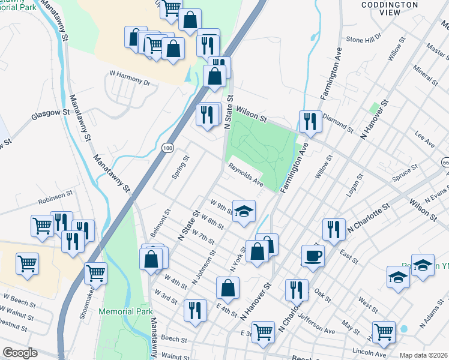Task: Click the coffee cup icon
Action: (x=313, y=256)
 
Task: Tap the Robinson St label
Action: (x=55, y=194)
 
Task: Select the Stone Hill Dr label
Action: (x=364, y=40)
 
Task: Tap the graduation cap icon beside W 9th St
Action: (x=244, y=211)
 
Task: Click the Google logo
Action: (x=19, y=353)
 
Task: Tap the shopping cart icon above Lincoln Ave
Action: (x=384, y=331)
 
